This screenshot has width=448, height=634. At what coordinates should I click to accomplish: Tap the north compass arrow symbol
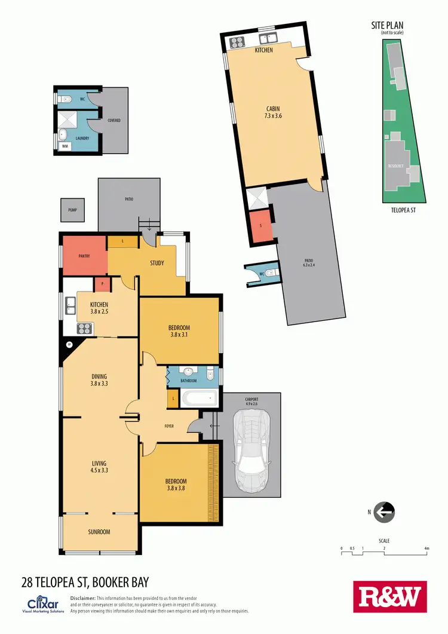(x=384, y=512)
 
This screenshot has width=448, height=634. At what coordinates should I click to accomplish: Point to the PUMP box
(x=72, y=210)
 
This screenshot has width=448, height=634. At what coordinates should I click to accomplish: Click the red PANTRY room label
(x=88, y=256)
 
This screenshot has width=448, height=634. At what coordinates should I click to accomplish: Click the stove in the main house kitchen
(x=84, y=328)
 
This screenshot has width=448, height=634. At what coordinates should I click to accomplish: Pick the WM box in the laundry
(x=65, y=145)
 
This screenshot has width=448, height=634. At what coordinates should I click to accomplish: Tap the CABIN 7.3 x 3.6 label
(x=274, y=112)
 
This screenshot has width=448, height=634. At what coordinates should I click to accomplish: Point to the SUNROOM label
(x=99, y=532)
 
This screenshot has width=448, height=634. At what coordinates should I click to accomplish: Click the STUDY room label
(x=157, y=263)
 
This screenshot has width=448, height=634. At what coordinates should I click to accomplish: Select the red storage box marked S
(x=260, y=226)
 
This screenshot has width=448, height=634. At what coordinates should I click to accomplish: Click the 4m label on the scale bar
(x=426, y=548)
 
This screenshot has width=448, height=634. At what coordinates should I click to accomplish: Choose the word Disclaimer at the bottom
(x=82, y=598)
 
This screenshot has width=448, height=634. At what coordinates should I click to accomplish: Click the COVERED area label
(x=114, y=120)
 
